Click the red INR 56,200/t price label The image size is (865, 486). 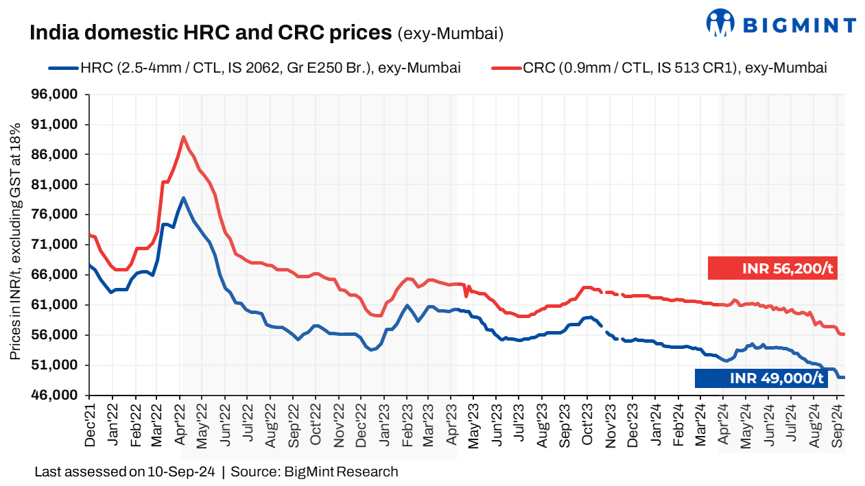click(x=772, y=268)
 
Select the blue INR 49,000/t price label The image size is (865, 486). click(x=761, y=378)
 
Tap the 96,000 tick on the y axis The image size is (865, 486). click(x=59, y=95)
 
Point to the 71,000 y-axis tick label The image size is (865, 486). click(x=59, y=245)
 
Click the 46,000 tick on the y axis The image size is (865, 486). click(x=59, y=396)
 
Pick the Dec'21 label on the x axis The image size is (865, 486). click(x=90, y=425)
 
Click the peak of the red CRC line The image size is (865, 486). click(x=183, y=137)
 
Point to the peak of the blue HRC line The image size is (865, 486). click(x=183, y=198)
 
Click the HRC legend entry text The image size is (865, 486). click(x=270, y=68)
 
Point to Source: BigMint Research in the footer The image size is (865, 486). click(x=314, y=472)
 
